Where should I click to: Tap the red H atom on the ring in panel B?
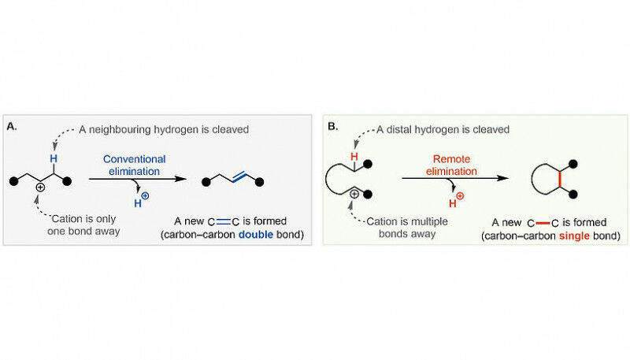(355, 156)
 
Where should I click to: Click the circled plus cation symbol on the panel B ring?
(354, 194)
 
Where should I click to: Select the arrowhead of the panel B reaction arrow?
(501, 180)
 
